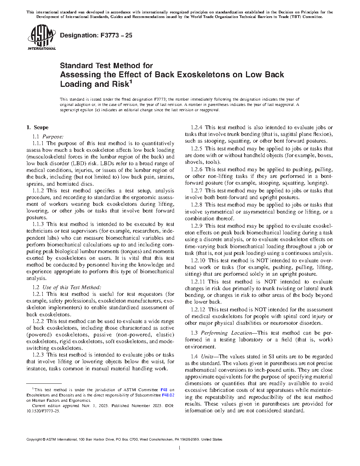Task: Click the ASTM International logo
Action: click(x=41, y=37)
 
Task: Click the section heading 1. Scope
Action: click(x=38, y=127)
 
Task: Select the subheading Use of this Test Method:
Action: click(x=72, y=287)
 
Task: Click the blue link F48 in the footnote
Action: click(x=164, y=390)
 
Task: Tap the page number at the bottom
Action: click(x=180, y=448)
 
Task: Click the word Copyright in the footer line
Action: click(x=34, y=440)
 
